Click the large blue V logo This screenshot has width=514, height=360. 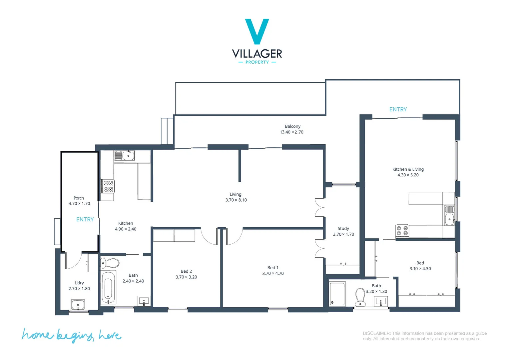257,31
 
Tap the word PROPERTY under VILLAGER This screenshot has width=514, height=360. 257,62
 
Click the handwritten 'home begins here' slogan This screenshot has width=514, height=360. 71,335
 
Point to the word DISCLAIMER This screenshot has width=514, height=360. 376,333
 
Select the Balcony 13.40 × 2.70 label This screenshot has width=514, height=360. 292,129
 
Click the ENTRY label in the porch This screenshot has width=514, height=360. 85,219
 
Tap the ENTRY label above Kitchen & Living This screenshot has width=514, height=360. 398,109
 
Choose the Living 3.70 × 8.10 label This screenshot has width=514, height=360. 236,197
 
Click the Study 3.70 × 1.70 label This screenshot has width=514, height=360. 343,231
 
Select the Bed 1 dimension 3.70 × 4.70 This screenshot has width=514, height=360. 273,273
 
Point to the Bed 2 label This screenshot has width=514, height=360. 186,271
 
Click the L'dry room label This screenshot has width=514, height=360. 79,283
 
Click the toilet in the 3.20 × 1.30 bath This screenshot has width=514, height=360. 360,296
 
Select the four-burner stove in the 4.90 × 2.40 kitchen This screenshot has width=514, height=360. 108,186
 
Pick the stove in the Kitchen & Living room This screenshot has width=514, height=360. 402,231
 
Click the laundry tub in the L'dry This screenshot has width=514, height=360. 78,304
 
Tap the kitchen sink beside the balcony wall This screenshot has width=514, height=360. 124,155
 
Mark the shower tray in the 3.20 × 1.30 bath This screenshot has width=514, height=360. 337,294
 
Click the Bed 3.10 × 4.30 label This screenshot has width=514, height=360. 420,266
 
